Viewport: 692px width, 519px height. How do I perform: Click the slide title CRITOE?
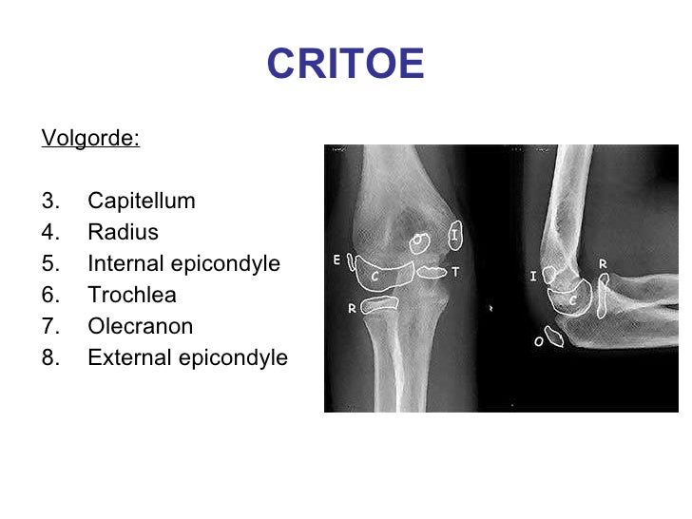(x=345, y=65)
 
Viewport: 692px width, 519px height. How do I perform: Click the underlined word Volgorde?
(x=90, y=139)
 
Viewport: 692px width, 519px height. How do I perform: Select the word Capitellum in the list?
(x=141, y=202)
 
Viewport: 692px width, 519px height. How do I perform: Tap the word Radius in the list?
(x=123, y=232)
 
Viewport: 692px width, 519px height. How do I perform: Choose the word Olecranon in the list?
(x=140, y=327)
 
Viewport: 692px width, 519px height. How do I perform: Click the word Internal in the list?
(x=123, y=263)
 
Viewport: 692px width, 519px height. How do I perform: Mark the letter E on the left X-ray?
(x=337, y=259)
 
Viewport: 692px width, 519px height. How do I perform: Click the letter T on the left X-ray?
(x=455, y=272)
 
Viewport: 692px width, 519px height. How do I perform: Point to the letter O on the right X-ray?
(x=538, y=340)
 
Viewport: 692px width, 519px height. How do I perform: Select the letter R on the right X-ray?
(x=603, y=263)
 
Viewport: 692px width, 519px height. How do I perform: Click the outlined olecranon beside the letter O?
(x=554, y=335)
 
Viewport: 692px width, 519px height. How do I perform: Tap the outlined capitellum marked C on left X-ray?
(x=384, y=274)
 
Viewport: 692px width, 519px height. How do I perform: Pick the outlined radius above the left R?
(x=381, y=305)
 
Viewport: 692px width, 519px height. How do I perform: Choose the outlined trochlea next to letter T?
(x=432, y=272)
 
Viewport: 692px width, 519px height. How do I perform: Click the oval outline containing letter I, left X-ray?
(x=455, y=234)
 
